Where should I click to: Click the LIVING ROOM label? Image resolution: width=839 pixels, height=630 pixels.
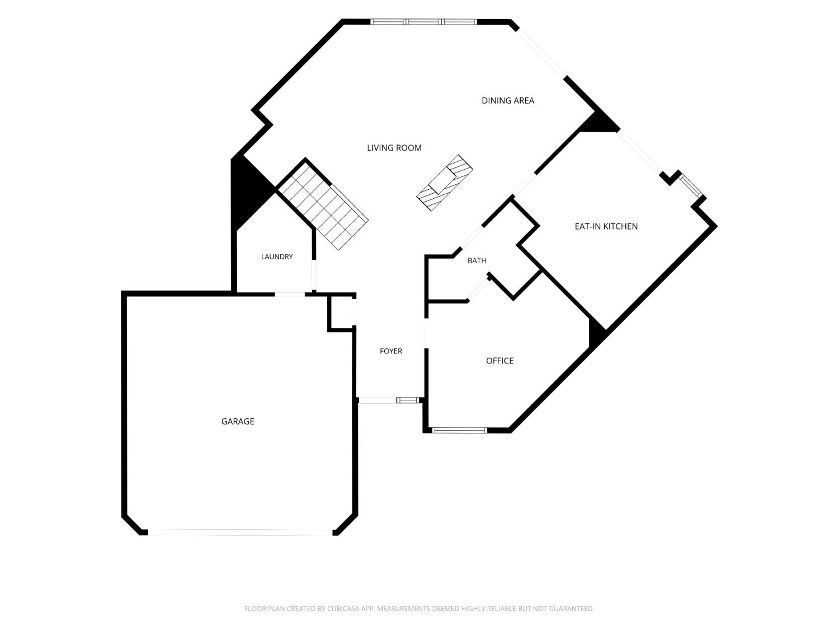(394, 148)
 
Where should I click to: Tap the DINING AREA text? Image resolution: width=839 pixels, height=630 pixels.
(508, 101)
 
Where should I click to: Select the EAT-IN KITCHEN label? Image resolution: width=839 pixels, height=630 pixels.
(606, 226)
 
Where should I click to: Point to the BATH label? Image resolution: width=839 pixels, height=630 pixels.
(477, 260)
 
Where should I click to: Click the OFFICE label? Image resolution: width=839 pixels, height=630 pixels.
(499, 361)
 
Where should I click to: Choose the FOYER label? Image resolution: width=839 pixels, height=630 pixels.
(390, 351)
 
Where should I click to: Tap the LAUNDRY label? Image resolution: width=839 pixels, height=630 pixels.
(277, 256)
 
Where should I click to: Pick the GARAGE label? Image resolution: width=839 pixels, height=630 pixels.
(237, 421)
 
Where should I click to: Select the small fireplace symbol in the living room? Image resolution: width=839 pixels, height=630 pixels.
(445, 183)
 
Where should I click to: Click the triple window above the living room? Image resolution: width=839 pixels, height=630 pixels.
(423, 22)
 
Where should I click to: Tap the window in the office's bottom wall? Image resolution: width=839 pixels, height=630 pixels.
(460, 430)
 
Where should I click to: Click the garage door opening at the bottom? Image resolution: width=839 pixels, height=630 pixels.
(240, 533)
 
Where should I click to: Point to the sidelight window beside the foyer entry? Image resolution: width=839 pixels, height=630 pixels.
(407, 400)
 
